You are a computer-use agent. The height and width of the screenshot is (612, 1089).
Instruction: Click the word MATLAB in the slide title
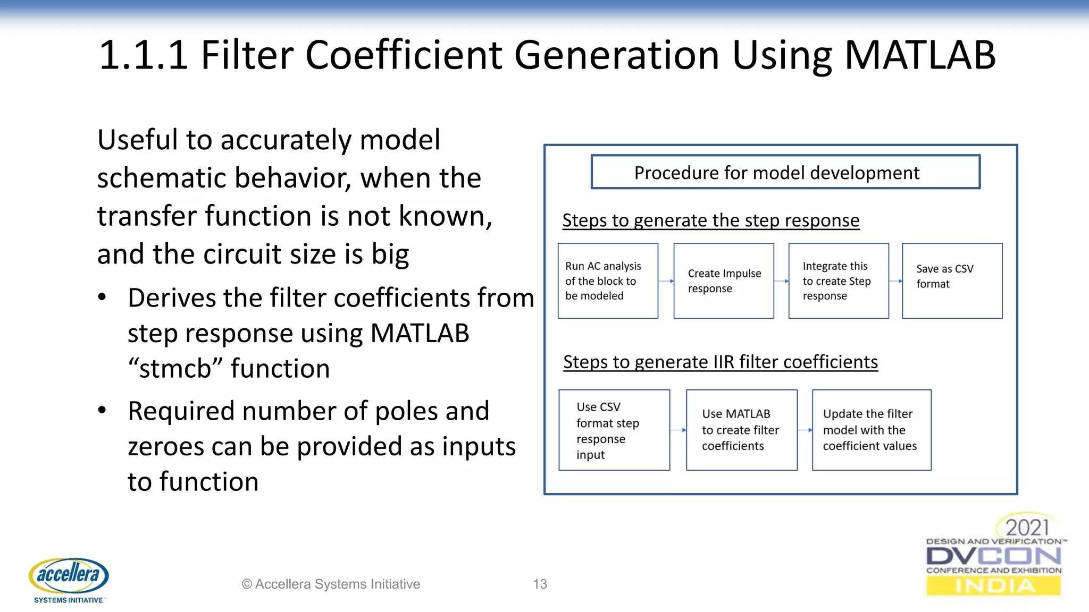click(x=919, y=55)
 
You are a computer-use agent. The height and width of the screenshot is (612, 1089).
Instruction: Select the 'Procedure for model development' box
click(x=785, y=172)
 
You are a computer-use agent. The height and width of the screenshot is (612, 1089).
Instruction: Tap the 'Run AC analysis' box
click(x=608, y=281)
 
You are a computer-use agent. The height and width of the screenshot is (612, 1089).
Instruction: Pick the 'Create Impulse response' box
click(x=723, y=281)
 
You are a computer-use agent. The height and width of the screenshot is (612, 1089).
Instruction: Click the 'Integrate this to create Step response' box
click(x=838, y=281)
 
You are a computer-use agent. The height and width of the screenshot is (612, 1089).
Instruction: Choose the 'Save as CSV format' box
click(x=952, y=281)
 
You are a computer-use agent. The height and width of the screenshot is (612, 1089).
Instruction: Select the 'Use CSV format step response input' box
click(x=614, y=430)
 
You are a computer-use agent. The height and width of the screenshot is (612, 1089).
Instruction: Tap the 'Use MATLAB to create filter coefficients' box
click(x=741, y=430)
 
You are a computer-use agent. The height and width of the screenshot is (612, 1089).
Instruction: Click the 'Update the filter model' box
click(x=871, y=430)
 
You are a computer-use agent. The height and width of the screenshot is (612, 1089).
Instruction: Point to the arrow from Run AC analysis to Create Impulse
click(x=666, y=281)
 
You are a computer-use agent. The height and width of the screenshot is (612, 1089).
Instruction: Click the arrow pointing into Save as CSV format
click(x=895, y=281)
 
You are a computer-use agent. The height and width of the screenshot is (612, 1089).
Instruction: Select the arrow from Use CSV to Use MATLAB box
click(x=678, y=430)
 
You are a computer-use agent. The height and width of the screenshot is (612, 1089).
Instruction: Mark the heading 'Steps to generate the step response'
click(x=710, y=220)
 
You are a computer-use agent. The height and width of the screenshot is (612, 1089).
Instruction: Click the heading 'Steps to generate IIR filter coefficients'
click(x=720, y=362)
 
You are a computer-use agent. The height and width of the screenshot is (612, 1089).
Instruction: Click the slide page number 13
click(x=540, y=584)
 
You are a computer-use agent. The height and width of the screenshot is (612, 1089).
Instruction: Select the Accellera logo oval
click(x=69, y=575)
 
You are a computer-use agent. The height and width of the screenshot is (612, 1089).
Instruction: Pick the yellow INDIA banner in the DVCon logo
click(x=993, y=586)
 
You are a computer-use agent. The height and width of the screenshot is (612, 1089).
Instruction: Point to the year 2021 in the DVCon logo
click(x=1027, y=528)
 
